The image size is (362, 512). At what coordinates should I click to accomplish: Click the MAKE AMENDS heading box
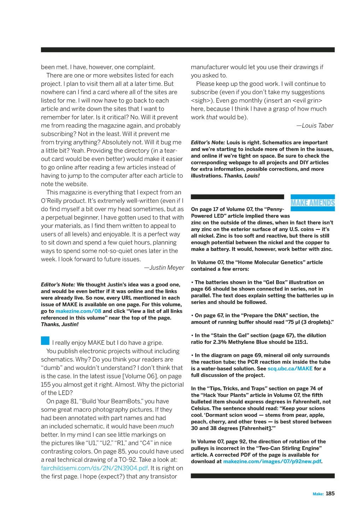[x=313, y=203]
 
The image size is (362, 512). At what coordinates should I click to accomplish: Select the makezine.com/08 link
[x=78, y=311]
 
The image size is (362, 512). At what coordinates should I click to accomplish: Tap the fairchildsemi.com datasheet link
[x=94, y=468]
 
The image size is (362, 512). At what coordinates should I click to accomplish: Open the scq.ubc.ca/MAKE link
[x=290, y=369]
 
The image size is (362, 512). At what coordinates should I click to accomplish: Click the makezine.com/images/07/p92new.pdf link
[x=272, y=461]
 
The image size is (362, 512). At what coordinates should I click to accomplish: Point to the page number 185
[x=330, y=494]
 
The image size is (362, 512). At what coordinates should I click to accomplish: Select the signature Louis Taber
[x=317, y=126]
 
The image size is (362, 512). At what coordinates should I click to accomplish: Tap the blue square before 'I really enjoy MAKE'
[x=45, y=341]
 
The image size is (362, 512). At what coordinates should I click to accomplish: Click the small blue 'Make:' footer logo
[x=318, y=494]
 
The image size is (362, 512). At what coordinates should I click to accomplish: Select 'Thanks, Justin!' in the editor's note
[x=60, y=324]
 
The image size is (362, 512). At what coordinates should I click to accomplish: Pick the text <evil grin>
[x=307, y=101]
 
